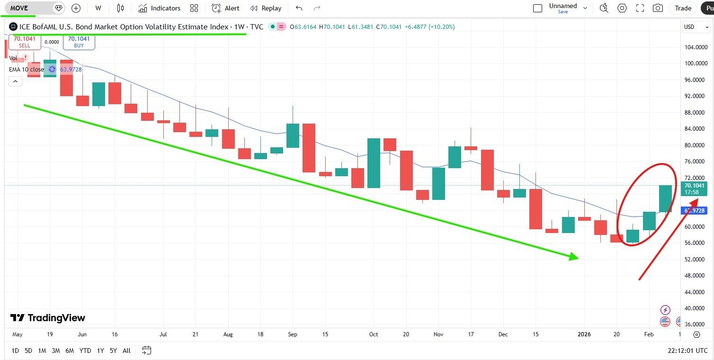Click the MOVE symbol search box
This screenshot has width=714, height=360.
point(28,8)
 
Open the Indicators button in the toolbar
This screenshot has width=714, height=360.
point(160,8)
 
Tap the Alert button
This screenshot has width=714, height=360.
point(225,8)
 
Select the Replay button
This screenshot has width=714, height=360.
point(266,8)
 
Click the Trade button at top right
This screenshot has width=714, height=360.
point(683,8)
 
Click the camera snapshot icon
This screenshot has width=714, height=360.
point(658,8)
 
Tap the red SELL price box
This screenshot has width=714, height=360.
point(25,42)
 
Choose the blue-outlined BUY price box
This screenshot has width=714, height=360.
point(79,42)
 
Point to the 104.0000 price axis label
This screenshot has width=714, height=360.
point(696,47)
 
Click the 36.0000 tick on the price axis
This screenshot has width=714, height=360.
point(696,324)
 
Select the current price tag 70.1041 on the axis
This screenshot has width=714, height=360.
point(694,186)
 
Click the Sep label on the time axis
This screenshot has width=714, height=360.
point(293,334)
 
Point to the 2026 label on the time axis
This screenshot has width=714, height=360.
point(583,334)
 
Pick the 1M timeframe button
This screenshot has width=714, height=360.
point(42,351)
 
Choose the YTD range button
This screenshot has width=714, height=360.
point(85,351)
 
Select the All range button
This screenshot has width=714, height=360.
point(126,351)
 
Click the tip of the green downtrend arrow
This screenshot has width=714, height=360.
point(578,257)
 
